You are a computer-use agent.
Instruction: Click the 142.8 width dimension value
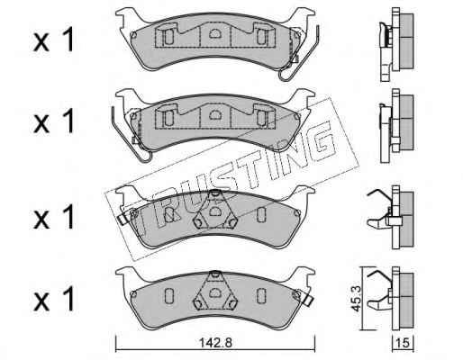(215, 343)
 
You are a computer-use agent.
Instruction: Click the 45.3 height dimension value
(357, 298)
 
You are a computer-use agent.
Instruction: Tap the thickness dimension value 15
(403, 343)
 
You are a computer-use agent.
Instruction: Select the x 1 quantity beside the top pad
(53, 40)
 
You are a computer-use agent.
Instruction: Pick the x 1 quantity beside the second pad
(53, 121)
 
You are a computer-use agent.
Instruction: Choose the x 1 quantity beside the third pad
(53, 217)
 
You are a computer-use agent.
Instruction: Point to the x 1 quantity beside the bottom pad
(53, 299)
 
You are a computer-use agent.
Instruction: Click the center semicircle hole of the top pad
(214, 33)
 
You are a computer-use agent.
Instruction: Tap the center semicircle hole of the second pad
(214, 114)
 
